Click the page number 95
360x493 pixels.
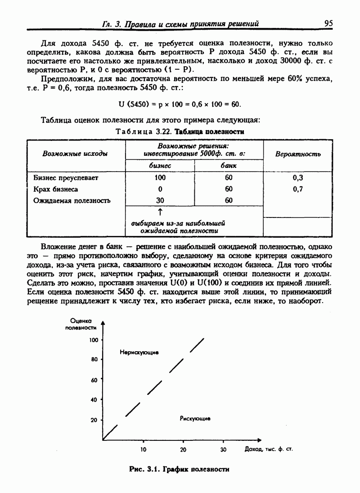pos(328,23)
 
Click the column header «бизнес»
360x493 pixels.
pos(160,166)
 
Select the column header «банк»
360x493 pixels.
pos(229,166)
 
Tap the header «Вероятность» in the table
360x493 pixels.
pos(297,154)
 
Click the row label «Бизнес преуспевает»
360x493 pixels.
pos(66,178)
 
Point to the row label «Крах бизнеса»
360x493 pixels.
pos(55,189)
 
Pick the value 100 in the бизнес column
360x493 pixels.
pos(160,178)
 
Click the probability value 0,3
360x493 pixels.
pos(297,178)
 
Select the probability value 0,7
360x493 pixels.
pos(297,189)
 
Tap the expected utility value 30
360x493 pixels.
pos(160,201)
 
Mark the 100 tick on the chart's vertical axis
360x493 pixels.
pos(94,340)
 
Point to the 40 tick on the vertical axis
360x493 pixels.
pos(94,400)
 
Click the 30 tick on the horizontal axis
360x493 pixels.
pos(224,449)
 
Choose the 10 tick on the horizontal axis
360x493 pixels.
pos(143,449)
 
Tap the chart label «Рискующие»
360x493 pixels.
pos(195,419)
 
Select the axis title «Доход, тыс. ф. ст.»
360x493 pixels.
pos(269,449)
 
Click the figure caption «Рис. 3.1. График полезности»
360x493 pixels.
pos(179,469)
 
